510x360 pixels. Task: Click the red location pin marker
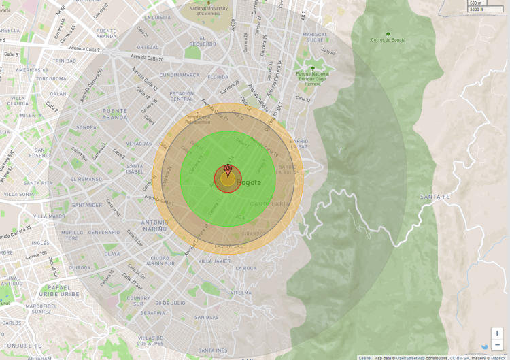coord(228,170)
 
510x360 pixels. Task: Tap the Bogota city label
coord(248,182)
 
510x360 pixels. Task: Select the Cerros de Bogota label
coord(388,39)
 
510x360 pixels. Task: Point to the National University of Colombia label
coord(214,9)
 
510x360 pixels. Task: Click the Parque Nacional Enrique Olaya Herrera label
coord(312,78)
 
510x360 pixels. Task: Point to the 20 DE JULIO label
coord(170,302)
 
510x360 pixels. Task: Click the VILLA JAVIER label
coord(214,261)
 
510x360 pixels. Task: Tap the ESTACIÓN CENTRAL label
coord(182,96)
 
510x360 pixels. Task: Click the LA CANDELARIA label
coord(277,200)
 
